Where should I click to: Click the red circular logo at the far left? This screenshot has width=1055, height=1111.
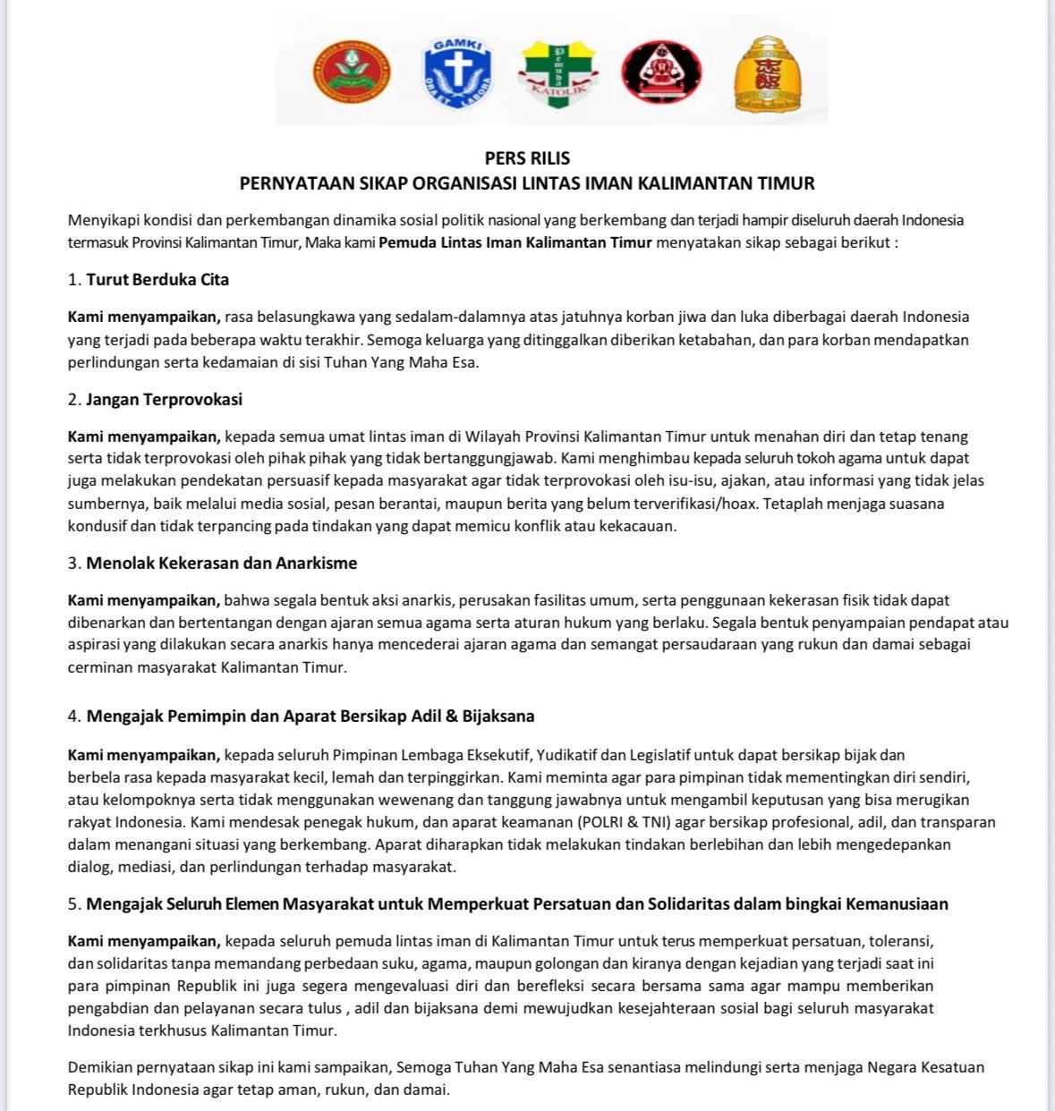352,72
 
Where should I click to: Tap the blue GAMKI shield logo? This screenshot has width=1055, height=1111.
456,72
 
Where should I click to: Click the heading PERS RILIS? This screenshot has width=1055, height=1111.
527,158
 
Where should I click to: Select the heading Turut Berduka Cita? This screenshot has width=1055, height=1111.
157,279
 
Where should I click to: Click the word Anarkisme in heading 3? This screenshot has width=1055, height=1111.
317,563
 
